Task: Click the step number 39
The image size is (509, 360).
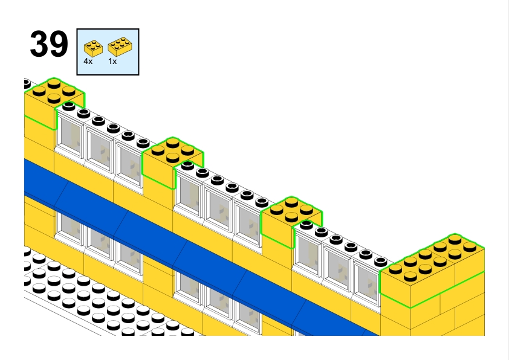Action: (48, 45)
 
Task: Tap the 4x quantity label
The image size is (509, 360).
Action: (88, 62)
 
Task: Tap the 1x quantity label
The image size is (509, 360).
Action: (112, 62)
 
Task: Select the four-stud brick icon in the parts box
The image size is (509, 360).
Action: (92, 47)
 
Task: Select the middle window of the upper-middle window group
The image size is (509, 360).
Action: (218, 208)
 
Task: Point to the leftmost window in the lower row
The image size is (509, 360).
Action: (70, 227)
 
